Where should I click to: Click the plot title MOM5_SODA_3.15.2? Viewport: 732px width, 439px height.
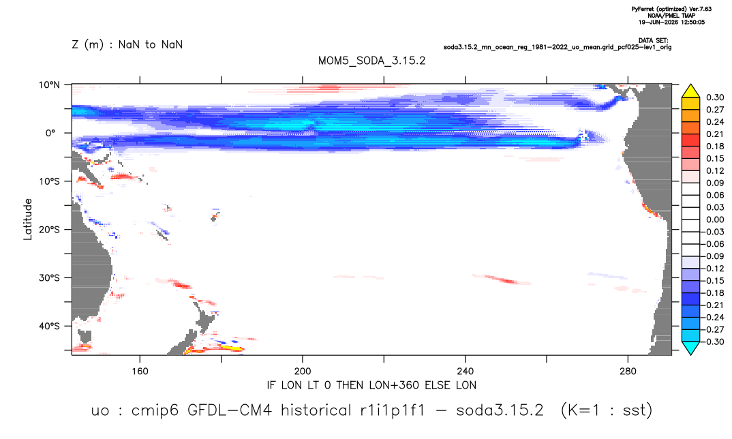pos(371,61)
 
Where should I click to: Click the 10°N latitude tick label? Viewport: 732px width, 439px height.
pos(49,85)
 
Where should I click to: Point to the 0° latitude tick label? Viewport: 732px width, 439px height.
pos(50,133)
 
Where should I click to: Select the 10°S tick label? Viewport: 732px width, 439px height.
pos(49,181)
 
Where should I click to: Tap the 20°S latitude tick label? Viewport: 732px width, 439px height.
pos(49,230)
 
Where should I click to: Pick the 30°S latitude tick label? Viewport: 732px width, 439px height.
pos(49,278)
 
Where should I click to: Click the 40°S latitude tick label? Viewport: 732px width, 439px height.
pos(49,326)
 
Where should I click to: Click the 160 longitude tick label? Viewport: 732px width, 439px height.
pos(140,372)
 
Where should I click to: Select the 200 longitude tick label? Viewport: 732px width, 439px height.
pos(303,372)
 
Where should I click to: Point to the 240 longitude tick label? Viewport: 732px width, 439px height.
pos(466,372)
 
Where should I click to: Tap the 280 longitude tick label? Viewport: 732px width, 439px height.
pos(628,372)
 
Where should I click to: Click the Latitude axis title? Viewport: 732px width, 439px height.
pos(28,219)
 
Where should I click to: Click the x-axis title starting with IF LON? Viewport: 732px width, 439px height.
pos(371,385)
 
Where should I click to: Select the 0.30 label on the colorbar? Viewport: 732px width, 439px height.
pos(715,97)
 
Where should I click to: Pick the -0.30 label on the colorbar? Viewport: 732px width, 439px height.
pos(713,342)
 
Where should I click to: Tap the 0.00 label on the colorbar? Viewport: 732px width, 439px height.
pos(715,219)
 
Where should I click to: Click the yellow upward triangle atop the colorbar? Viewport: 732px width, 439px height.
pos(690,91)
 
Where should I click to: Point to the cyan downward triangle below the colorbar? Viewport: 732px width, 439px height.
pos(690,348)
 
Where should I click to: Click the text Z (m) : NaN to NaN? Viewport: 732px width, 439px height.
pos(127,45)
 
